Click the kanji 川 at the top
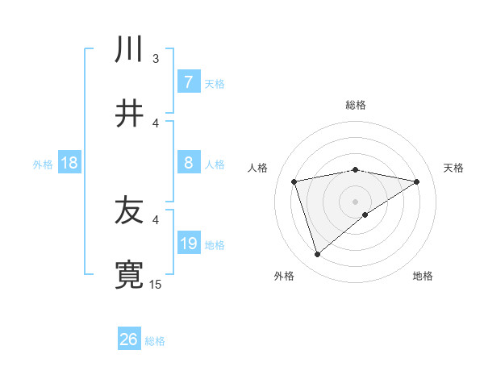(x=129, y=50)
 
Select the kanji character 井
(x=129, y=114)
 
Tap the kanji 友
(x=129, y=212)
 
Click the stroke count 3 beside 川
(x=156, y=59)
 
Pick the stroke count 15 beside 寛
(x=156, y=284)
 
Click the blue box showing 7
(x=188, y=82)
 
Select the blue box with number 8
(x=188, y=163)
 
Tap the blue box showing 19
(x=188, y=244)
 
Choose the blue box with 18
(x=69, y=163)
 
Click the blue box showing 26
(x=128, y=339)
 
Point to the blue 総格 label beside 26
(x=155, y=341)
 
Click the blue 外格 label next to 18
(x=43, y=165)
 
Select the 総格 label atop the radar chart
(x=356, y=105)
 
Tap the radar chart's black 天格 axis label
(x=454, y=168)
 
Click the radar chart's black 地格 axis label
(x=423, y=276)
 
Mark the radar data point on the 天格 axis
(x=417, y=181)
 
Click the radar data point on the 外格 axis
(x=317, y=255)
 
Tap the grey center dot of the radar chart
(x=356, y=201)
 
